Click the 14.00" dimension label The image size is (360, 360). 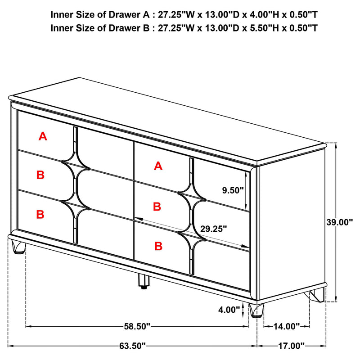click(286, 326)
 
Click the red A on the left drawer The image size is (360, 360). click(43, 136)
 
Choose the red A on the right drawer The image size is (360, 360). click(157, 166)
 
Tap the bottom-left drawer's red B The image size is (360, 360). click(40, 214)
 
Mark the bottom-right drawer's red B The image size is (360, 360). click(158, 246)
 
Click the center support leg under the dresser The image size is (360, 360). click(143, 281)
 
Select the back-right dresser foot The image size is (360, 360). click(315, 297)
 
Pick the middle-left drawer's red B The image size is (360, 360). click(40, 175)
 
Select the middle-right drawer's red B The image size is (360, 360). click(157, 207)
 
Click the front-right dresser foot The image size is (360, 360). click(256, 310)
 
